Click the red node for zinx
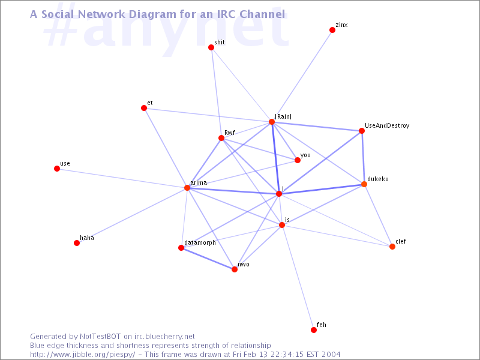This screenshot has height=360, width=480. point(332,30)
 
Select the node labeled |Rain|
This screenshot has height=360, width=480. point(272,122)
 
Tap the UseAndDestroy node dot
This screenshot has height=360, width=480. point(362,131)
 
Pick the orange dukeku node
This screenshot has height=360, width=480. point(364,184)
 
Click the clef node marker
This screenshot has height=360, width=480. point(392,247)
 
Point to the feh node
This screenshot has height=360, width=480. point(314,330)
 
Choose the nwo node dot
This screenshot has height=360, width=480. point(235,269)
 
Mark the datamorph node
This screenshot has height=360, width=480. point(181,248)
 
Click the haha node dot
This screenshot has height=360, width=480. point(77,243)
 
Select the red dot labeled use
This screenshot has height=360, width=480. point(57,169)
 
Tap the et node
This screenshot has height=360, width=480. point(144,108)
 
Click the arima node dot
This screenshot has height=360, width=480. point(187,188)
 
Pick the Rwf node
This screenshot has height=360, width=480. point(221,138)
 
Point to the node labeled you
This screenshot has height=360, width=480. point(297,160)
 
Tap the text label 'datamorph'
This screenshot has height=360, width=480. point(200,242)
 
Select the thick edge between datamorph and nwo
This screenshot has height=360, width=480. point(208,259)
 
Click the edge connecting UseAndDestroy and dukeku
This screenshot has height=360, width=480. point(363,157)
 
